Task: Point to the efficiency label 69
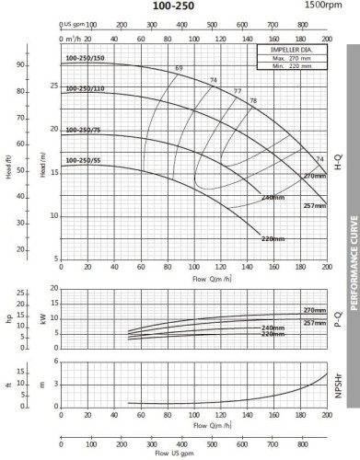[x=180, y=70]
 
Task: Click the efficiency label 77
[x=237, y=91]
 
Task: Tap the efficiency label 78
[x=253, y=99]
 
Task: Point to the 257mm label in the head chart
[x=314, y=206]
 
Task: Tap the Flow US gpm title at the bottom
[x=192, y=454]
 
